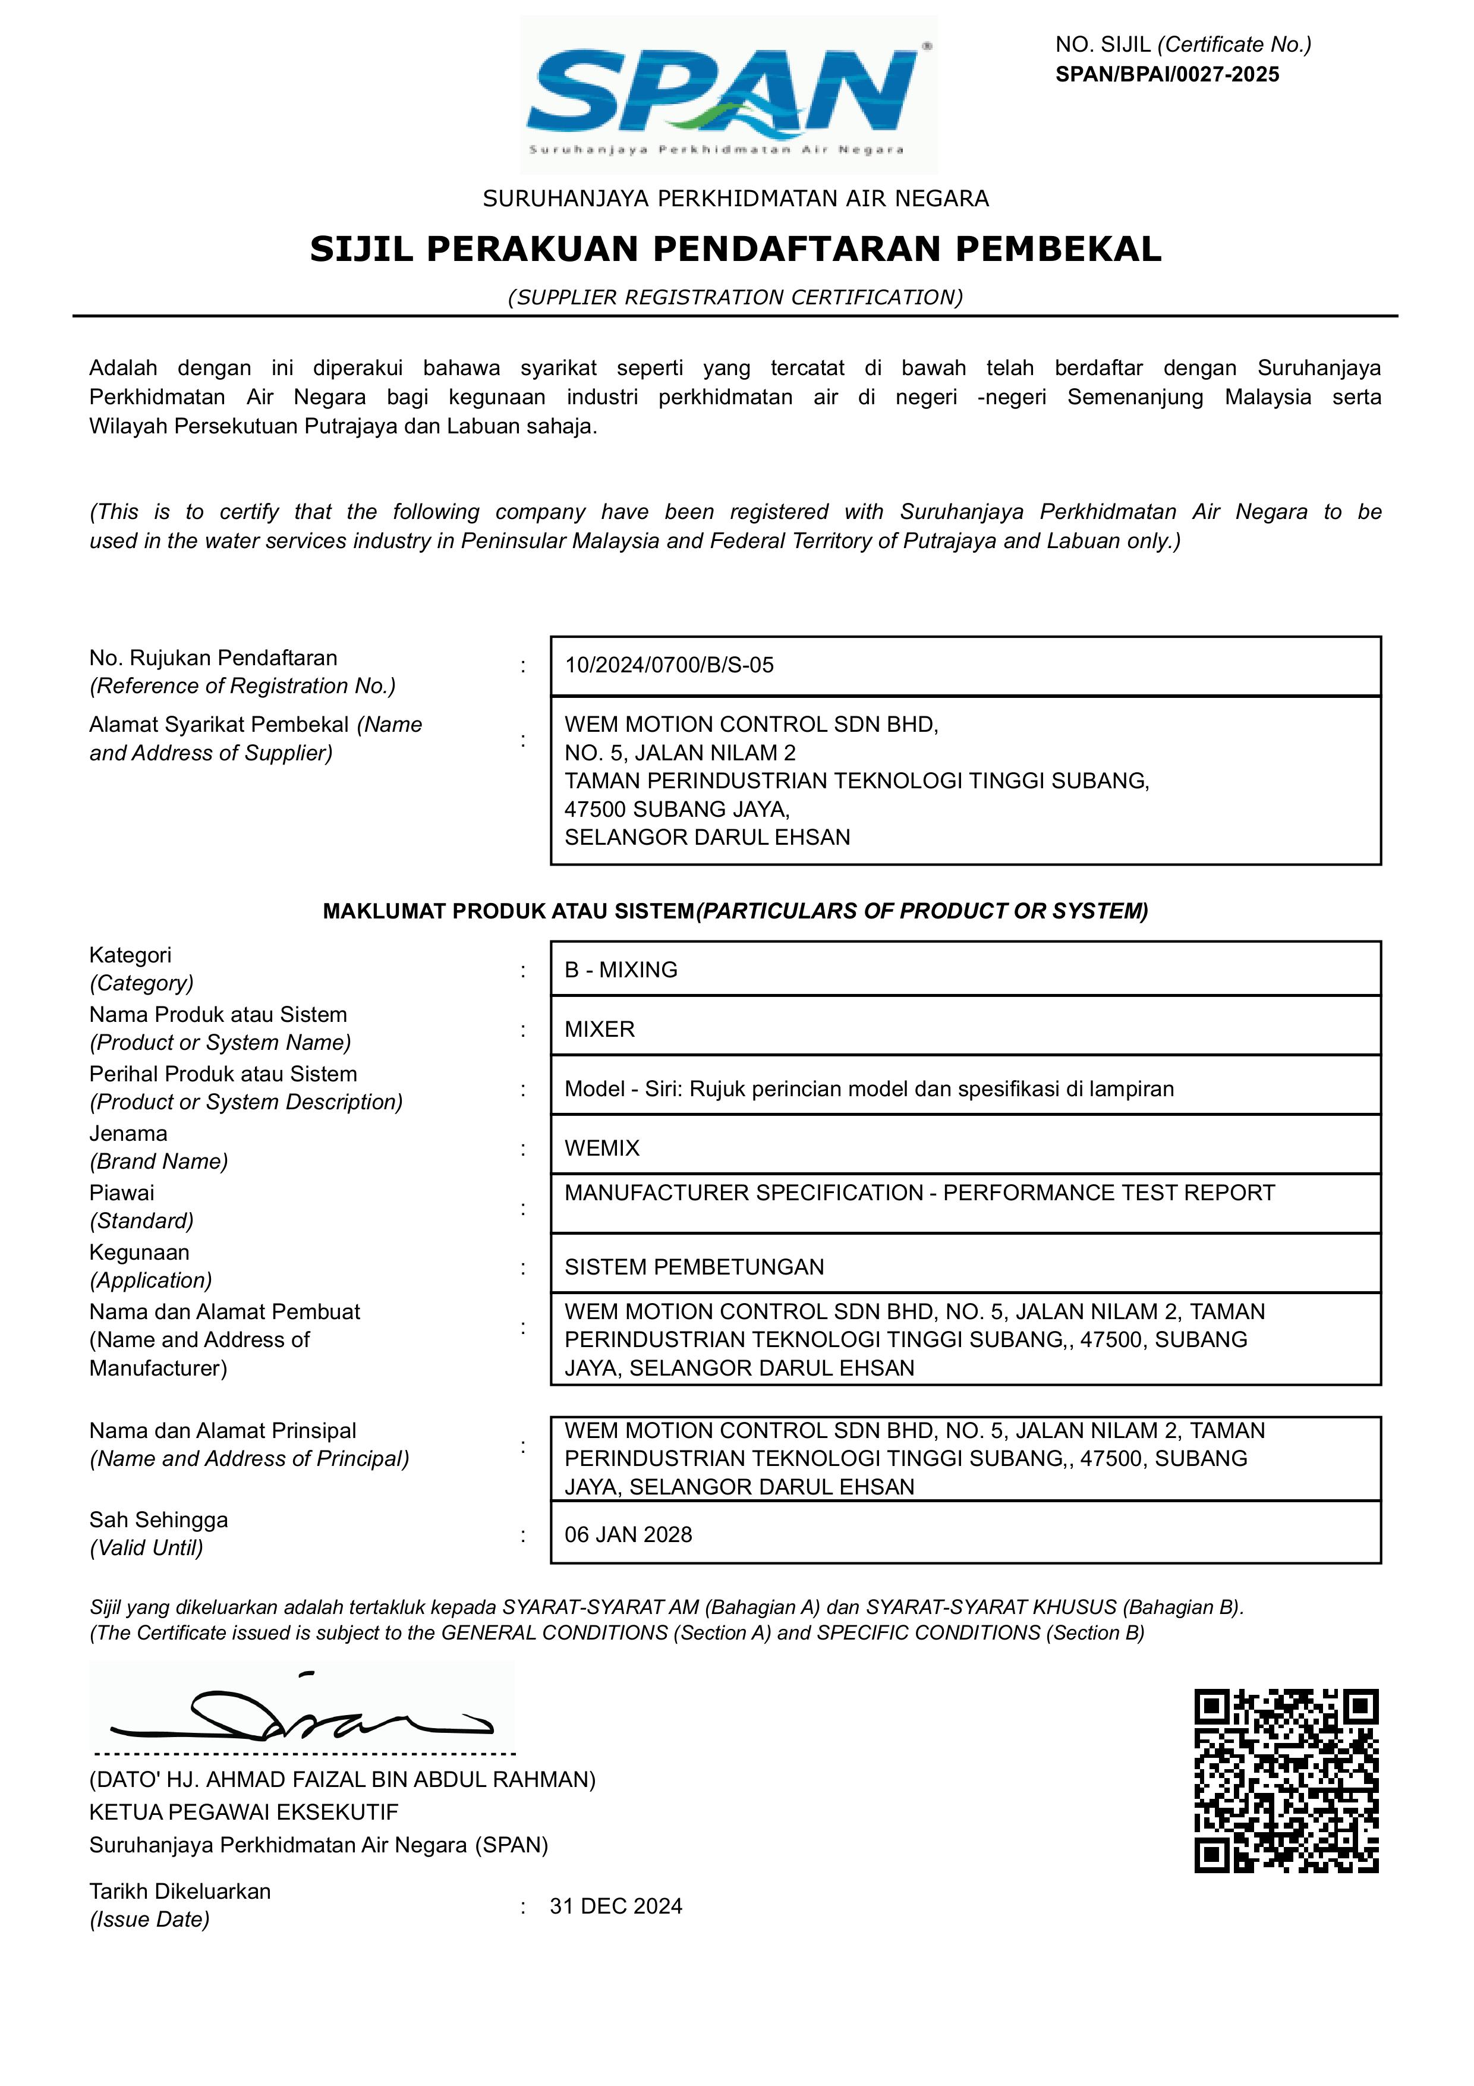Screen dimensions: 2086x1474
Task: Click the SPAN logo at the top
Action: [x=729, y=95]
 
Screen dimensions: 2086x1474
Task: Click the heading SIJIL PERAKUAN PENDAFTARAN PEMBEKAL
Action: [x=736, y=249]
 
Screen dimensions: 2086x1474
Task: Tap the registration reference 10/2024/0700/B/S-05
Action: [x=669, y=665]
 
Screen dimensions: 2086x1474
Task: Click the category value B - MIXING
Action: [x=621, y=970]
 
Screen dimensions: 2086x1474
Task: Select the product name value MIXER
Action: [x=600, y=1030]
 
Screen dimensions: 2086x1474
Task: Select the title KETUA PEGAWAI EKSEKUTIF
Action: [x=244, y=1813]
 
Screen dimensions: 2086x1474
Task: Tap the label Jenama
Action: [x=128, y=1133]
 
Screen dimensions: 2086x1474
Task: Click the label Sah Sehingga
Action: [x=158, y=1520]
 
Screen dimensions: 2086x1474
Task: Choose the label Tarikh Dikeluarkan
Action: [x=180, y=1892]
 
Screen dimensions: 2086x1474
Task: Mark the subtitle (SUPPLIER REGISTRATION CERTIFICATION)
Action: [x=736, y=297]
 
